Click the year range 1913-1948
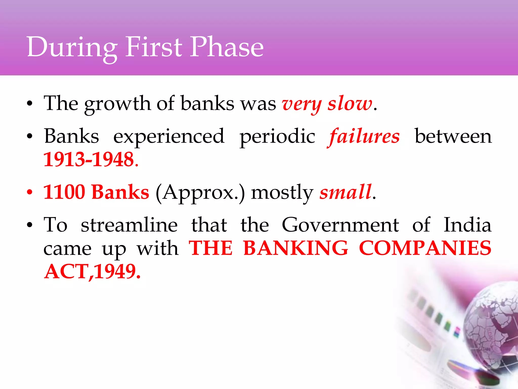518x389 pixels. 89,159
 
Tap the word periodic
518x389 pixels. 277,137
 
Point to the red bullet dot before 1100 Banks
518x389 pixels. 30,192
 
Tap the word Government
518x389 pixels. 340,225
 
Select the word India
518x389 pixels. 467,225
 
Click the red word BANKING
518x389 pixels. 296,248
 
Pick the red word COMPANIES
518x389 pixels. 425,248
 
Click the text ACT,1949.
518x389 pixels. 92,271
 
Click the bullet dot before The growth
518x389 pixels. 30,104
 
